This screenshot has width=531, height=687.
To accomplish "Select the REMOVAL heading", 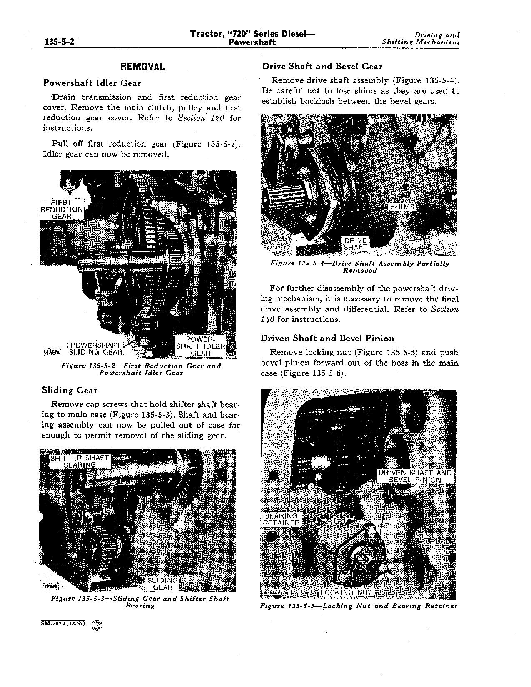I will pyautogui.click(x=142, y=67).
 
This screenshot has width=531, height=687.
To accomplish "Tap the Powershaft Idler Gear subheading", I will pyautogui.click(x=92, y=83).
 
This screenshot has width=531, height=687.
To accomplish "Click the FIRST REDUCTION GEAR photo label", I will pyautogui.click(x=62, y=209).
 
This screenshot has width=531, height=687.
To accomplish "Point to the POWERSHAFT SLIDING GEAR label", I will pyautogui.click(x=96, y=348).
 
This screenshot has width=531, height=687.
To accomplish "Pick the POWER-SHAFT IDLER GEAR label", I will pyautogui.click(x=200, y=346).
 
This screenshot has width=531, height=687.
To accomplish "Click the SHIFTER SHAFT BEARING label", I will pyautogui.click(x=80, y=461).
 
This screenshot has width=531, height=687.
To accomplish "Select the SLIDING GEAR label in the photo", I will pyautogui.click(x=162, y=584).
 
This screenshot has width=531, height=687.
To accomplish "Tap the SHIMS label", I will pyautogui.click(x=401, y=207).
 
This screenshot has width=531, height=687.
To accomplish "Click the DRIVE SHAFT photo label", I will pyautogui.click(x=355, y=244).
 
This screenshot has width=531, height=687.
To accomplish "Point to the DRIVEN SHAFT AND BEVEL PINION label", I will pyautogui.click(x=415, y=476).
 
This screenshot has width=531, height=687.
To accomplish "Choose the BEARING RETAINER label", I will pyautogui.click(x=282, y=519).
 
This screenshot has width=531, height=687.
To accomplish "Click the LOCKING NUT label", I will pyautogui.click(x=346, y=592).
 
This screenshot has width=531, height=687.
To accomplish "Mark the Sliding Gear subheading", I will pyautogui.click(x=70, y=391).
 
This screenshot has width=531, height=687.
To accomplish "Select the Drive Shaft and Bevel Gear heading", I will pyautogui.click(x=322, y=67).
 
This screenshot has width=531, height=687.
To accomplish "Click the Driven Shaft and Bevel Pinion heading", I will pyautogui.click(x=327, y=339).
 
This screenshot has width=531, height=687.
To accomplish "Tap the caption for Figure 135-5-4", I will pyautogui.click(x=359, y=266).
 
